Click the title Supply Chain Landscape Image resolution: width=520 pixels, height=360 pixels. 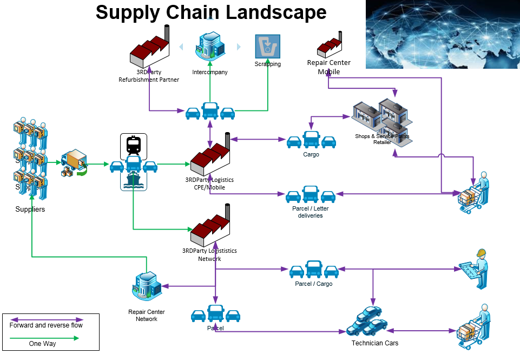pos(211,12)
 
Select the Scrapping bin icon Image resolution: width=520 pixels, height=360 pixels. pos(267,47)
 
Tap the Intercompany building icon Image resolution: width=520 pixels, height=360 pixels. pos(210,47)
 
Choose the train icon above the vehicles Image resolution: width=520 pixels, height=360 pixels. pos(133,145)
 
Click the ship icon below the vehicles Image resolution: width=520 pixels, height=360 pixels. pos(133,181)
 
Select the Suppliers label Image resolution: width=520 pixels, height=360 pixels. pos(30,209)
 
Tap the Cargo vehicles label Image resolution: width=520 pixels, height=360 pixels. pos(311,154)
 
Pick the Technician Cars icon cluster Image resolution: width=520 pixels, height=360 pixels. pos(367,322)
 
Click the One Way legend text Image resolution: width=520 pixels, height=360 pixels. pos(42,344)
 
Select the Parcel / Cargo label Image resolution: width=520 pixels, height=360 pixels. pos(314,284)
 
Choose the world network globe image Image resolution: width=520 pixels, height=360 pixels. pos(442,34)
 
